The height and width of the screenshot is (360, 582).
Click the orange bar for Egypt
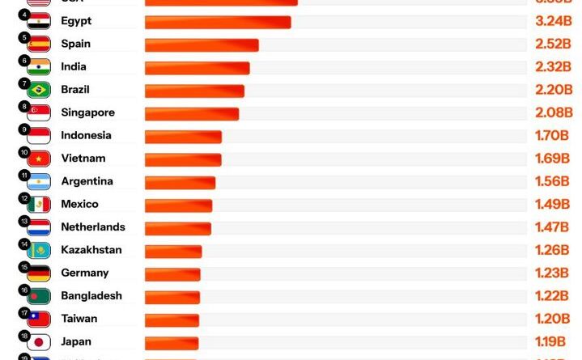tap(217, 22)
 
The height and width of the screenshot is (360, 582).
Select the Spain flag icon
tap(39, 44)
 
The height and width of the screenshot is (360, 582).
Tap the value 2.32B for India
tap(554, 67)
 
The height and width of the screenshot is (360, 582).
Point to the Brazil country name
tap(75, 90)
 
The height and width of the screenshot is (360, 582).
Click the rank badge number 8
tap(24, 107)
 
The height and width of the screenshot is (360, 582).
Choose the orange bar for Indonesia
tap(183, 136)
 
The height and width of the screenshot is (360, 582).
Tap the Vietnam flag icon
tap(39, 159)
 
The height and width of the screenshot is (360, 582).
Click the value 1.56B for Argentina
tap(552, 182)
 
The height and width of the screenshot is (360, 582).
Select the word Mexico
tap(79, 205)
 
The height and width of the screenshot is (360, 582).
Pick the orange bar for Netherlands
tap(178, 228)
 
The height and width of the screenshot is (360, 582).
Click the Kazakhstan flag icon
tap(39, 251)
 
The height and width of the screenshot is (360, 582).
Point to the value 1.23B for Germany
tap(552, 273)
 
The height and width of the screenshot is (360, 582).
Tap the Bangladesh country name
tap(91, 296)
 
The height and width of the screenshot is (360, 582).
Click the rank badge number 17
tap(24, 313)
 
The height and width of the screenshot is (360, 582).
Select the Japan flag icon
tap(39, 342)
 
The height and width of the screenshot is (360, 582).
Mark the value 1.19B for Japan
tap(550, 342)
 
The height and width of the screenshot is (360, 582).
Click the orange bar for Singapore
tap(192, 113)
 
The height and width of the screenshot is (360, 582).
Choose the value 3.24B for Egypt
tap(554, 21)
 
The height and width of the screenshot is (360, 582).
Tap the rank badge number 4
tap(24, 15)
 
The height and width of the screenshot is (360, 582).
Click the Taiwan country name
tap(79, 319)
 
